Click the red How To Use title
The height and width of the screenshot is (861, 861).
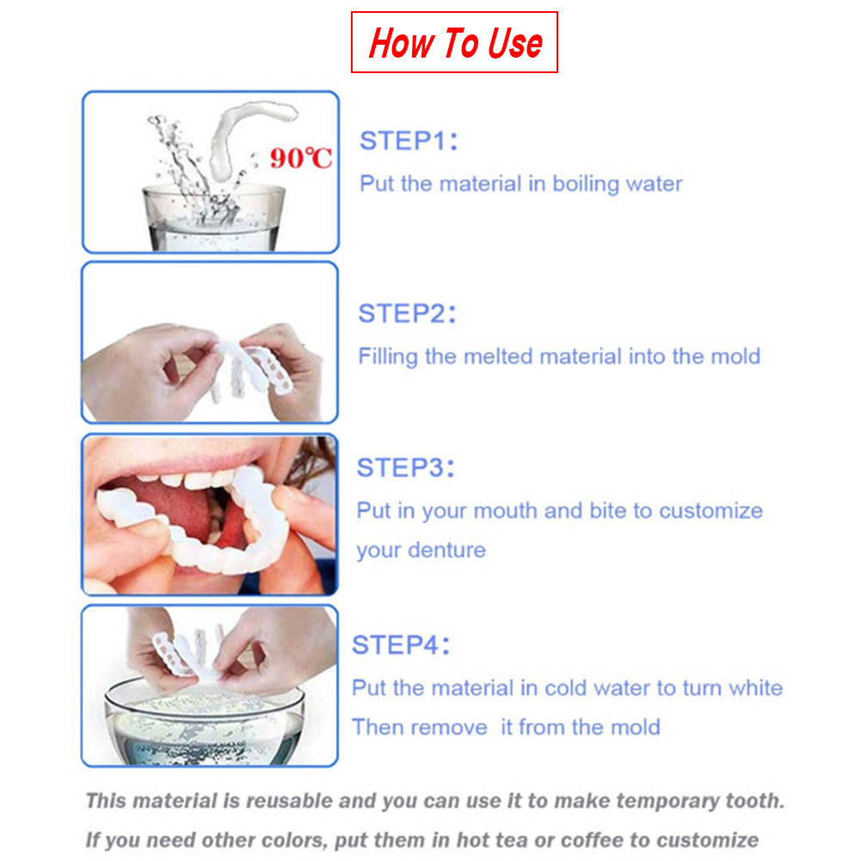click(455, 42)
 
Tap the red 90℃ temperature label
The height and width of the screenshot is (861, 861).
click(300, 157)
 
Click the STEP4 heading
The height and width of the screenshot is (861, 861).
click(401, 644)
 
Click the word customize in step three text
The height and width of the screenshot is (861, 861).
click(710, 511)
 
